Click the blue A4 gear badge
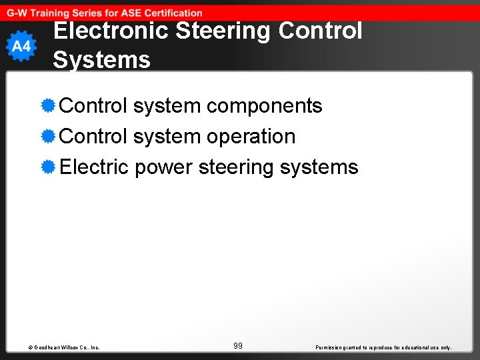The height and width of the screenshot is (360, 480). pos(21,46)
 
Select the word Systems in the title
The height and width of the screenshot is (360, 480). pos(101,59)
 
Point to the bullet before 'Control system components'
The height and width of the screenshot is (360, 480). pos(47,105)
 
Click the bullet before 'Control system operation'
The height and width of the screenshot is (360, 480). pos(47,136)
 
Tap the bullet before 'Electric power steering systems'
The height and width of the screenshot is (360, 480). pos(47,167)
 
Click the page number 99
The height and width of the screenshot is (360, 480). pos(238,345)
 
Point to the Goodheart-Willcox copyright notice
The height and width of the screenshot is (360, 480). pos(64,347)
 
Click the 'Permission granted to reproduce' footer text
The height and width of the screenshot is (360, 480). pos(383,347)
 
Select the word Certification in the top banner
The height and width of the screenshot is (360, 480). pos(169,13)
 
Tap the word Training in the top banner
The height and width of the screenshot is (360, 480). pos(51,13)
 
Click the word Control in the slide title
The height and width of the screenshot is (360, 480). pos(321,31)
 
